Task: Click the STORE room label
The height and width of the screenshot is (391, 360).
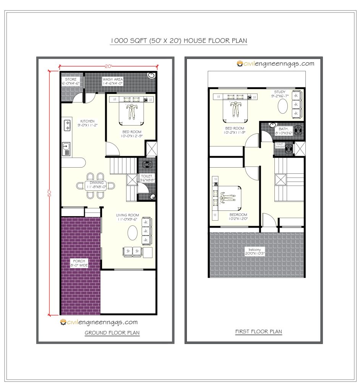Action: point(70,81)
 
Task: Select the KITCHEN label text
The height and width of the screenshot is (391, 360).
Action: point(87,123)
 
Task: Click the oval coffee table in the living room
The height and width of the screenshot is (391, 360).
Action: point(132,233)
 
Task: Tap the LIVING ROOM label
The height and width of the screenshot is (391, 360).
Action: point(128,217)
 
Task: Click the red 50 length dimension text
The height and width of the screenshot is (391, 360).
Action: point(49,193)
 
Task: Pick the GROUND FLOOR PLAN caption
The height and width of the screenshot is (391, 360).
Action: point(112,333)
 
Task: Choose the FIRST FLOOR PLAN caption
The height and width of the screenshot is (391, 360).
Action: point(258,331)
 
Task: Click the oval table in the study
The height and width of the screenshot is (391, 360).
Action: point(283,106)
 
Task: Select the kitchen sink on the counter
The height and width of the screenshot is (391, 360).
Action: point(66,148)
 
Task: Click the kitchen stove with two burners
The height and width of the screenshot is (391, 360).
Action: point(67,126)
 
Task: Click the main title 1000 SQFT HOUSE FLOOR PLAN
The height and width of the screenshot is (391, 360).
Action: point(179,41)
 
